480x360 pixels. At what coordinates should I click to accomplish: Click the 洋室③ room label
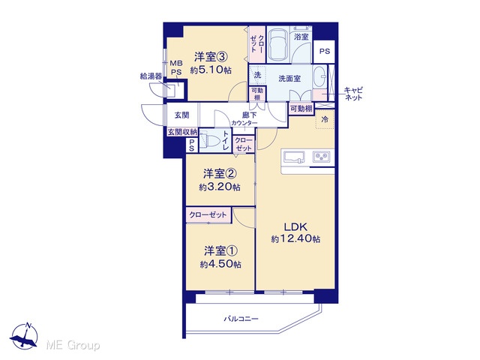coord(211,57)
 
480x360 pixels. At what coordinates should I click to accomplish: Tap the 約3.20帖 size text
coord(220,187)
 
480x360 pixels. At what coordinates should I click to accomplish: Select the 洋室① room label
coord(220,251)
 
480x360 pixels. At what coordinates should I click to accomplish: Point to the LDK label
coord(295,226)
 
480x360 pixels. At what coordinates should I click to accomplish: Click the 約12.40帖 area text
coord(295,238)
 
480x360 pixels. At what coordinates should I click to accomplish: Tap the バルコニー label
coord(241,319)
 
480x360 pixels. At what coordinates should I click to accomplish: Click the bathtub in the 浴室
coord(278,45)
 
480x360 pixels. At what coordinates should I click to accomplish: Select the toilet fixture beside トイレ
coord(210,141)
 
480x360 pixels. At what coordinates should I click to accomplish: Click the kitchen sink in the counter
coord(294,157)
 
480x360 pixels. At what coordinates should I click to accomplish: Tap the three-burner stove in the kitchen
coord(321,157)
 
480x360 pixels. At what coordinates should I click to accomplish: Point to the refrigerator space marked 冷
coord(325,119)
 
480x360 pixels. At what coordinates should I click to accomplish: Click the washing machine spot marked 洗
coord(257,75)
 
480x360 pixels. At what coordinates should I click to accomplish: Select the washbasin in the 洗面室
coord(320,76)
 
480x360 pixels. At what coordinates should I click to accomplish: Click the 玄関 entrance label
coord(181,115)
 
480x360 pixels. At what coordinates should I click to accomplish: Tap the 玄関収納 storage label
coord(182,132)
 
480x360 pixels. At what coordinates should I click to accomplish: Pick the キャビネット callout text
coord(353,94)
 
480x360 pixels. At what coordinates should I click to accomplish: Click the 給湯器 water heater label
coord(151,76)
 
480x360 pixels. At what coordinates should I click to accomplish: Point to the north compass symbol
coord(24,336)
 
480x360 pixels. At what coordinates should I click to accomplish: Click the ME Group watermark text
coord(73,346)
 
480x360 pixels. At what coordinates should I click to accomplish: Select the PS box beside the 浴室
coord(324,51)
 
